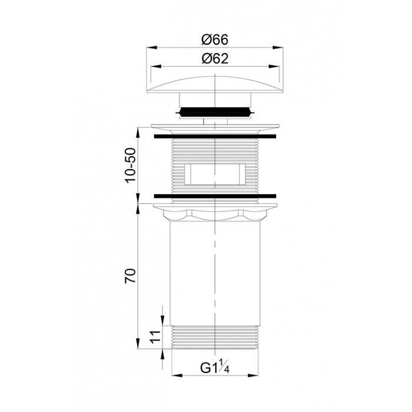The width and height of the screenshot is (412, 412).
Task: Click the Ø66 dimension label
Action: (215, 40)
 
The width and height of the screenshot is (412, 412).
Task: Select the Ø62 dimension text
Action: (215, 59)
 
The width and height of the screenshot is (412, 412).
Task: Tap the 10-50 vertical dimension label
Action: (131, 165)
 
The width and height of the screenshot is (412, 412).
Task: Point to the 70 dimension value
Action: (131, 275)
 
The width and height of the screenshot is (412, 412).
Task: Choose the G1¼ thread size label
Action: (215, 367)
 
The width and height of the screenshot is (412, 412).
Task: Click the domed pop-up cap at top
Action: (215, 85)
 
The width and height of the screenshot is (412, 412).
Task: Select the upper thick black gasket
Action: (215, 136)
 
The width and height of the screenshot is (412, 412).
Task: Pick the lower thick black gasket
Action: (215, 196)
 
